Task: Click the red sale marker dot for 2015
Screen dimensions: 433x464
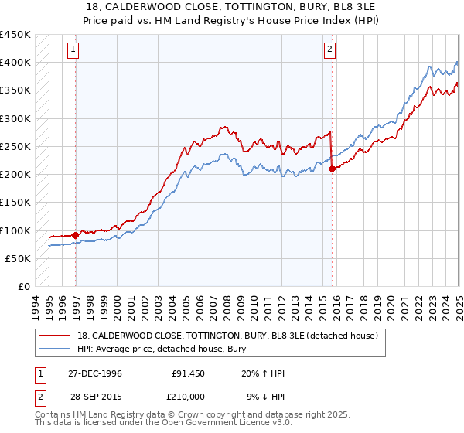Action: coord(332,169)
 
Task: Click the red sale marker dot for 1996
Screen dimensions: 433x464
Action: coord(75,235)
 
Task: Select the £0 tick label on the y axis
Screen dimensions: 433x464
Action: coord(23,287)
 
